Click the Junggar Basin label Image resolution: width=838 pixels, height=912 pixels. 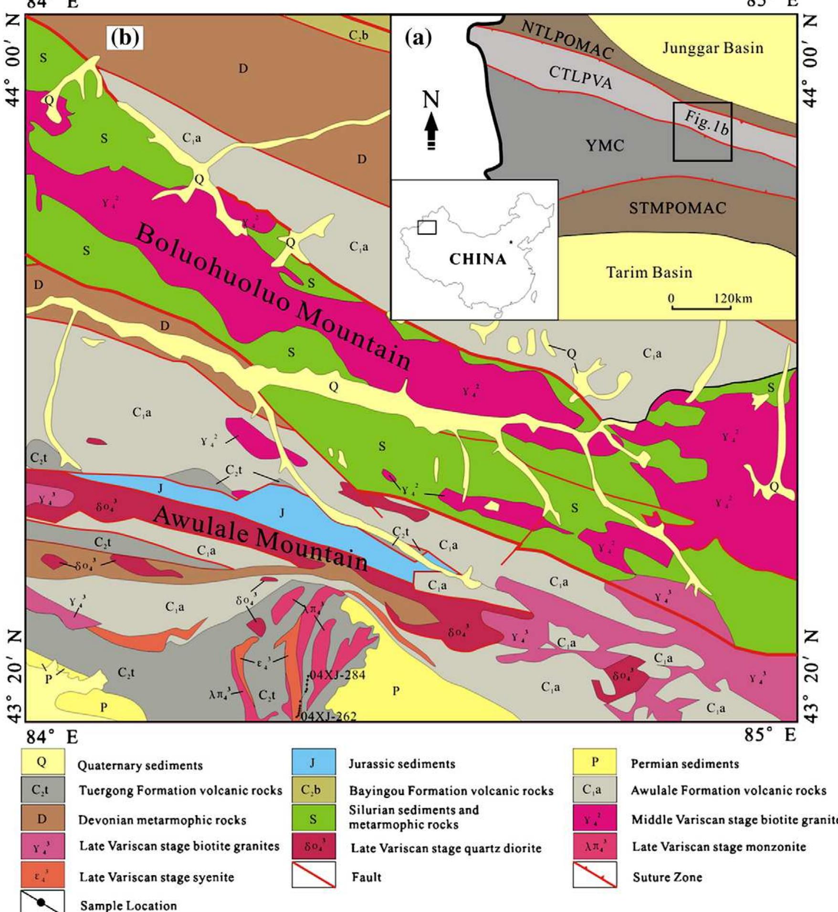[x=712, y=48]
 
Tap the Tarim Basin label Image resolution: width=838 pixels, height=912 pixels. [x=649, y=273]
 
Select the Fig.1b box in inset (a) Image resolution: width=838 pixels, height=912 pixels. [x=702, y=132]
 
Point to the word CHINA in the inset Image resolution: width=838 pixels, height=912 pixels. [x=478, y=259]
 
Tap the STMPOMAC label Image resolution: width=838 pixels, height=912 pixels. [x=677, y=208]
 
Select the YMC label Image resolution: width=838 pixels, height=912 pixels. [x=605, y=146]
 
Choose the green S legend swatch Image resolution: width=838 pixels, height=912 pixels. [x=313, y=819]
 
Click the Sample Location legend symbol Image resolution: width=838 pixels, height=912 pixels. [x=42, y=899]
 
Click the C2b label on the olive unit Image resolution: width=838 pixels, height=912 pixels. [x=358, y=35]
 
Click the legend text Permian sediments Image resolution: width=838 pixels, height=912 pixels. [x=685, y=764]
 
